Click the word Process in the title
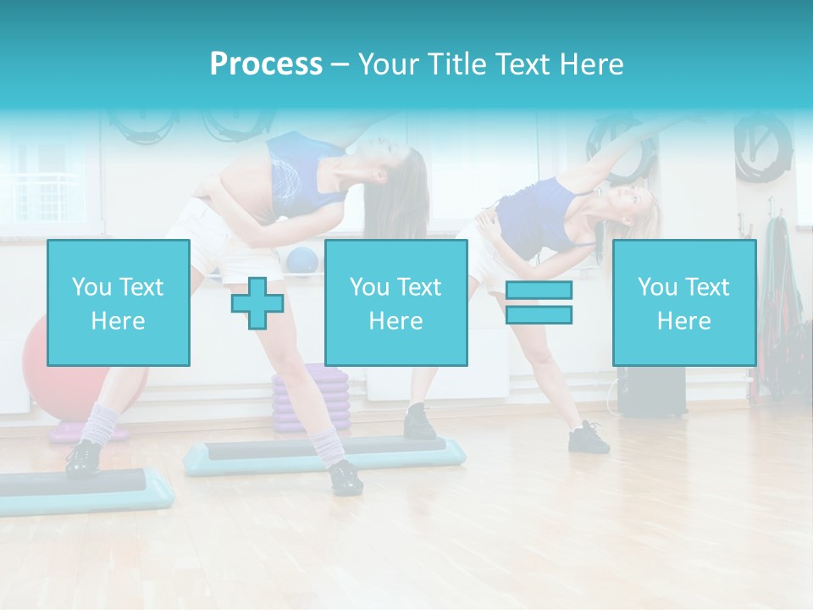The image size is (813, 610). click(x=266, y=64)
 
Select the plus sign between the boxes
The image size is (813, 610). click(x=257, y=303)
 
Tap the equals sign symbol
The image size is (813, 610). click(x=539, y=302)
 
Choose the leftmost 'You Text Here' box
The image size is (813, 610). click(x=119, y=302)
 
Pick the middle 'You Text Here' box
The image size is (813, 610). click(x=395, y=302)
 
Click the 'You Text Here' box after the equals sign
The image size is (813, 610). click(x=683, y=302)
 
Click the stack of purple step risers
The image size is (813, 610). click(x=310, y=398)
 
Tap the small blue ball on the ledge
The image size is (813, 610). click(x=301, y=260)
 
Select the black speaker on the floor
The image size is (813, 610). click(x=650, y=391)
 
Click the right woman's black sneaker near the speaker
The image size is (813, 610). click(x=589, y=439)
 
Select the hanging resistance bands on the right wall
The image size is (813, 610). click(x=778, y=288)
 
